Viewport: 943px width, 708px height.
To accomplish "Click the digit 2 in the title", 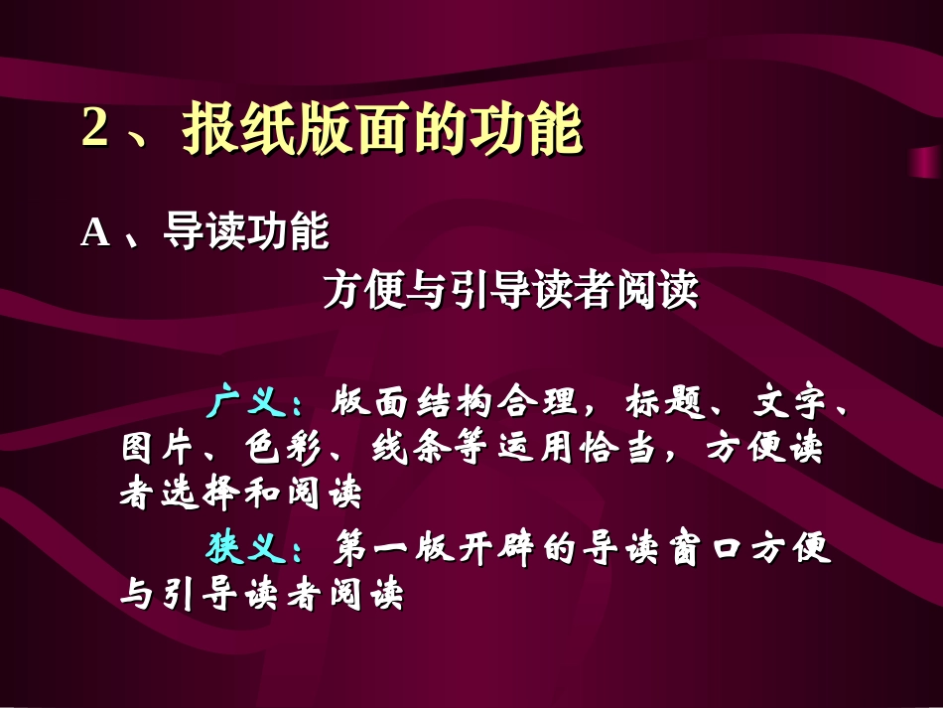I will coord(94,129).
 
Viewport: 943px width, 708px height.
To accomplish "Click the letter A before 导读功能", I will coord(94,233).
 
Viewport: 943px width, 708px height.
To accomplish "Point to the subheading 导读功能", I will coord(245,233).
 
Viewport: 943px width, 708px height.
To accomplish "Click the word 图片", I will coord(150,449).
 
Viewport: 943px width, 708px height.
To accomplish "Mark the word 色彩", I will coord(278,449).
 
